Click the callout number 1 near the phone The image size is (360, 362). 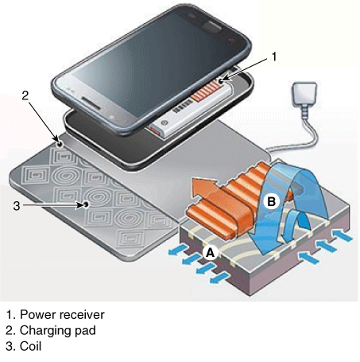point(274,56)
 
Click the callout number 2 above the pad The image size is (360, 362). point(25,95)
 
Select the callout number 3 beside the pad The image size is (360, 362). point(17,205)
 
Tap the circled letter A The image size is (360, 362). point(211,253)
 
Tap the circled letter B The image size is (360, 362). point(272,201)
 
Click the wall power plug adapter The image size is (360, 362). point(304,93)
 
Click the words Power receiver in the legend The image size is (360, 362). point(62,315)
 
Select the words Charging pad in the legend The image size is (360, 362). point(58,331)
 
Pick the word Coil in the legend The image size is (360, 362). point(30,346)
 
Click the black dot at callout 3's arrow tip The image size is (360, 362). point(86,204)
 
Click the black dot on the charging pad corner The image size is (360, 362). point(60,144)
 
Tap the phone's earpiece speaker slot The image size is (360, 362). point(91,103)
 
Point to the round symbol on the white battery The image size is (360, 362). point(165,123)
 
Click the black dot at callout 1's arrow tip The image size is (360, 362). point(222,80)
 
